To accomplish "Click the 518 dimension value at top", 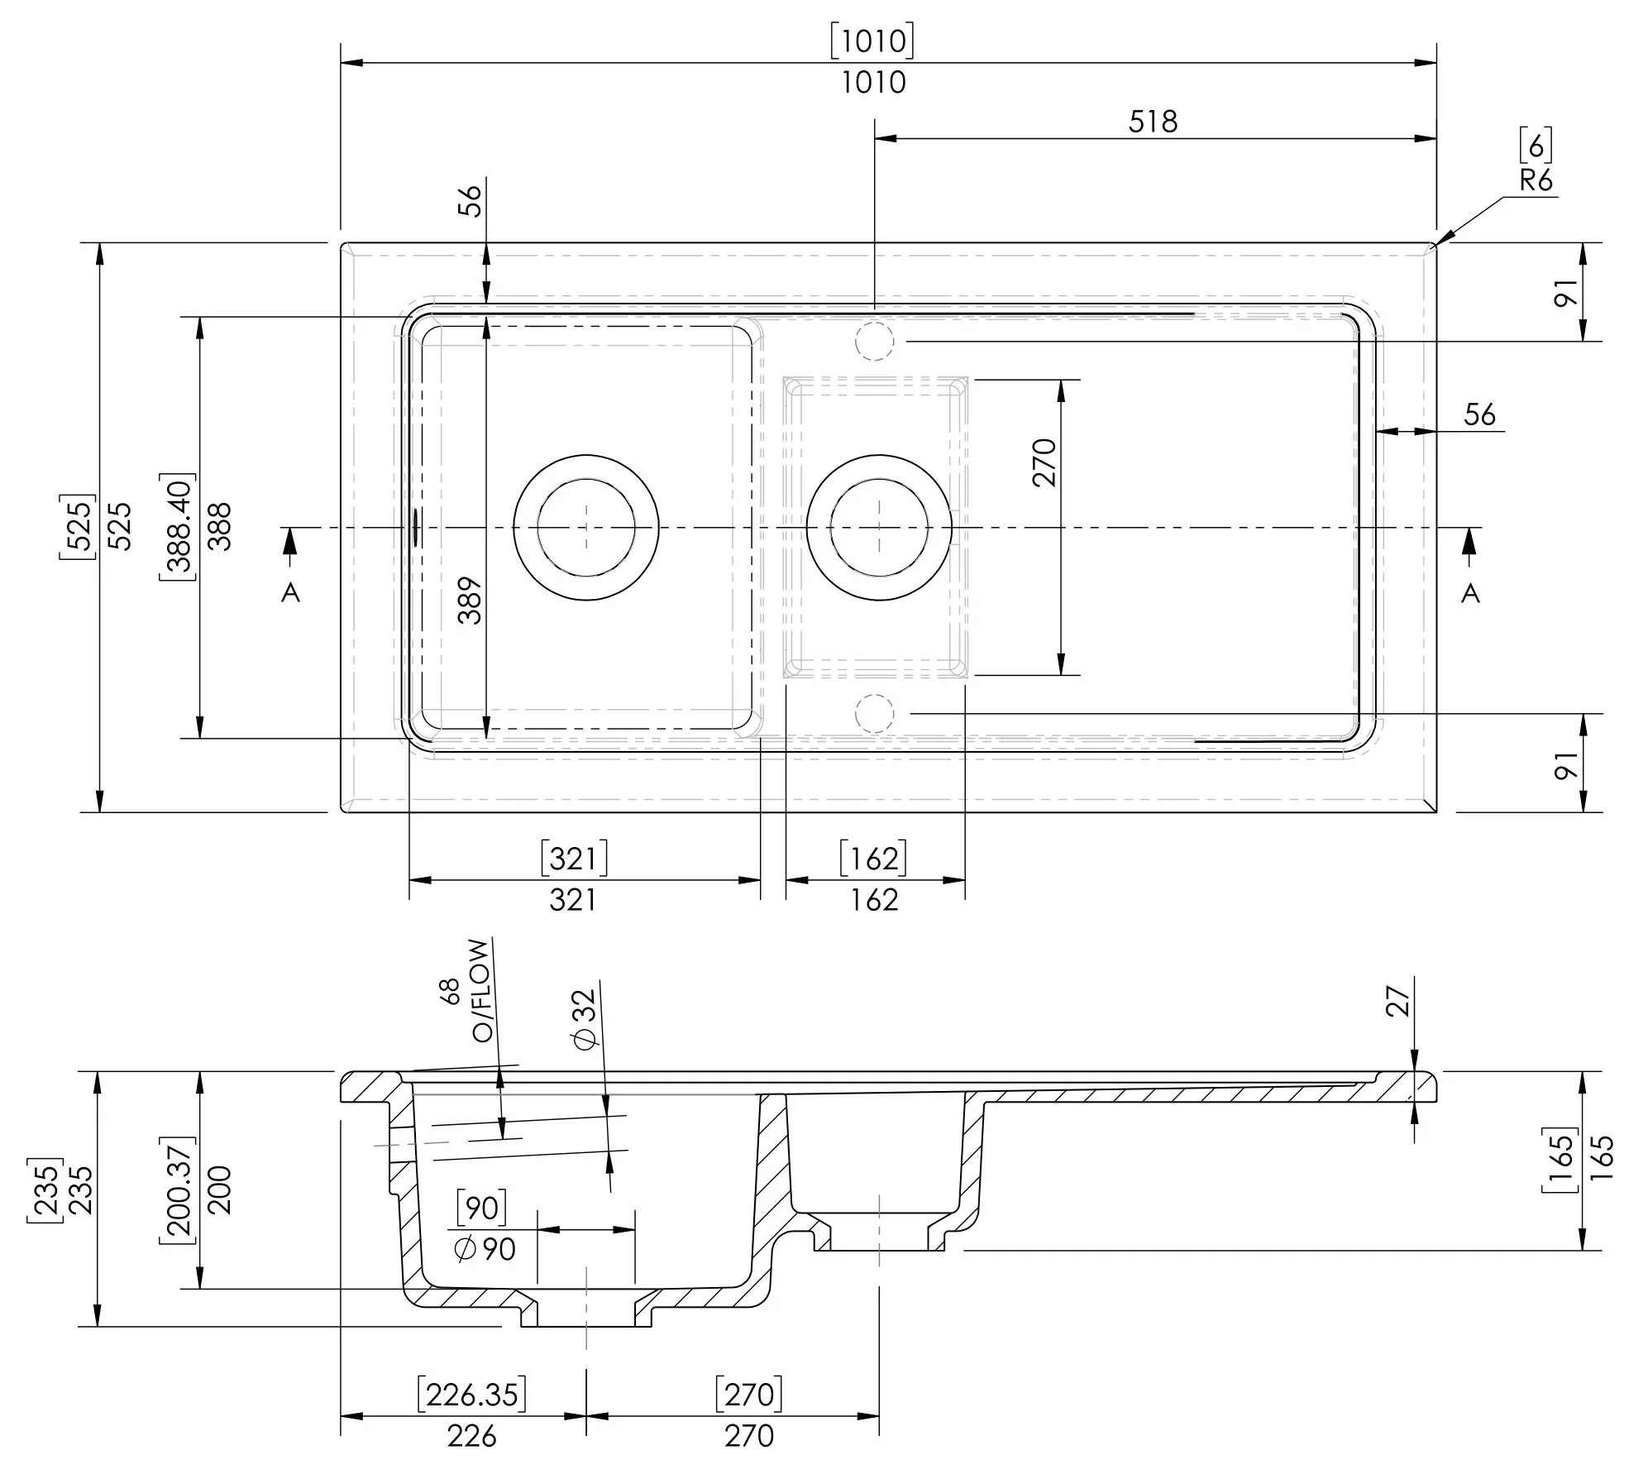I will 1152,122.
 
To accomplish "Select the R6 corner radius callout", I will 1536,180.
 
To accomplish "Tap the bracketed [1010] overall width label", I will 872,41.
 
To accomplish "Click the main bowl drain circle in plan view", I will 586,527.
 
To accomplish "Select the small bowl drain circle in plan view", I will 879,527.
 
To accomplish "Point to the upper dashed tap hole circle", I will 874,340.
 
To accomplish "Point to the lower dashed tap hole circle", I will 874,712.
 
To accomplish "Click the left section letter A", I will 290,592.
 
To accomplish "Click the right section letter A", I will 1469,592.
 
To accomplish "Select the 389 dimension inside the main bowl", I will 470,600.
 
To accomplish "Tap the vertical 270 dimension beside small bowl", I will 1045,462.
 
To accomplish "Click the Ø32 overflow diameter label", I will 585,1019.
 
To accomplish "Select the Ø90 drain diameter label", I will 485,1249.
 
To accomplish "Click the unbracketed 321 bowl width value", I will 572,899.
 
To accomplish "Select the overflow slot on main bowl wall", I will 415,527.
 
